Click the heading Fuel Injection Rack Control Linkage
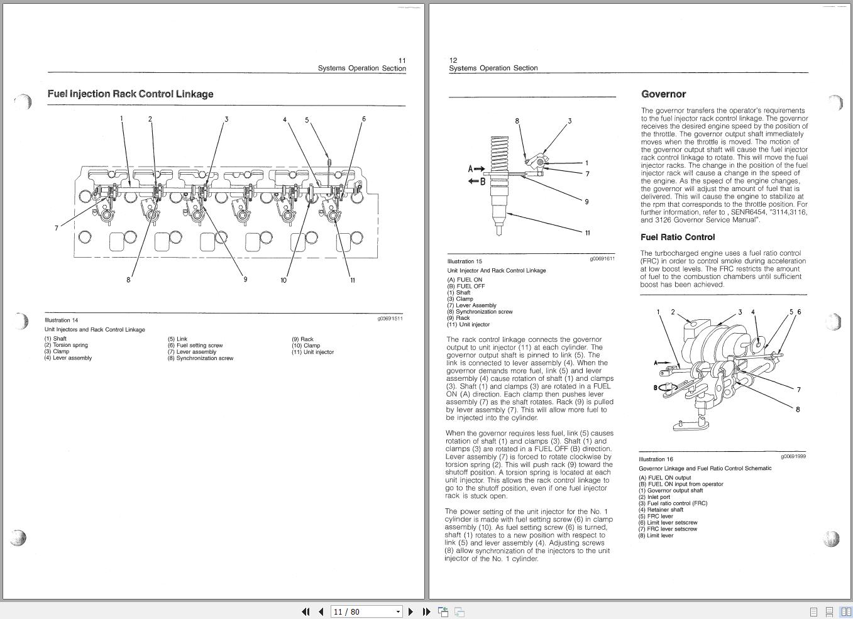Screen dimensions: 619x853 pyautogui.click(x=130, y=94)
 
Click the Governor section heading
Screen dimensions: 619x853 pyautogui.click(x=663, y=94)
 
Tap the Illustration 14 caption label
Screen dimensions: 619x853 pyautogui.click(x=61, y=320)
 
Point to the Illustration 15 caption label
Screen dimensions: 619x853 pyautogui.click(x=465, y=261)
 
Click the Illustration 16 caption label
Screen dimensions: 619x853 pyautogui.click(x=656, y=459)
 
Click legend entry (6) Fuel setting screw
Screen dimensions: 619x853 pyautogui.click(x=195, y=346)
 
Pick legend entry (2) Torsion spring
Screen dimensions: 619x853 pyautogui.click(x=66, y=345)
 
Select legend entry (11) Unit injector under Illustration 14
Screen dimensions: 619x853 pyautogui.click(x=312, y=352)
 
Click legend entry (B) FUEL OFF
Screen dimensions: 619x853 pyautogui.click(x=466, y=287)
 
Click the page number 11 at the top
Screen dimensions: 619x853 pyautogui.click(x=402, y=60)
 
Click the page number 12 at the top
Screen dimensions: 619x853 pyautogui.click(x=453, y=60)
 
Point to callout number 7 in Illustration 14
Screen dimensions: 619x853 pyautogui.click(x=57, y=228)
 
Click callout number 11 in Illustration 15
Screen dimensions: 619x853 pyautogui.click(x=588, y=233)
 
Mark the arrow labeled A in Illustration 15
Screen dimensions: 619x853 pyautogui.click(x=476, y=168)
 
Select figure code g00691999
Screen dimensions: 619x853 pyautogui.click(x=793, y=457)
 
